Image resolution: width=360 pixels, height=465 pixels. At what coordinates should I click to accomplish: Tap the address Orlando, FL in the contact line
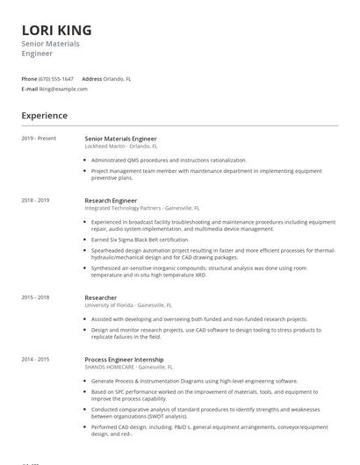point(119,79)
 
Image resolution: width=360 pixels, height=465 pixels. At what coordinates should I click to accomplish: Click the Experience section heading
point(44,116)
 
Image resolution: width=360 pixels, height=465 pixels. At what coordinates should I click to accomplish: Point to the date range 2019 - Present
point(39,139)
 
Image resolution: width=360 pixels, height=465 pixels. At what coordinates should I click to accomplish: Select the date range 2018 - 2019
point(36,200)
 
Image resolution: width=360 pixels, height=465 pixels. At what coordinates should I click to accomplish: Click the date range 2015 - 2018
point(36,297)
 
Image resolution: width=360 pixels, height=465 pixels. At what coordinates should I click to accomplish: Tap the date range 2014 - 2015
point(36,360)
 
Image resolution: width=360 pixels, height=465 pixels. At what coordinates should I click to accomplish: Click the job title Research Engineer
point(111,201)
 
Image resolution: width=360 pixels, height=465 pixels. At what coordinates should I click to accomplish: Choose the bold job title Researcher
point(101,298)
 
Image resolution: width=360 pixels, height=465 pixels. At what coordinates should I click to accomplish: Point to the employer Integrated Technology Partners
point(123,209)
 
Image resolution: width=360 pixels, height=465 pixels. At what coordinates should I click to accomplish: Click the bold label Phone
point(30,79)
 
